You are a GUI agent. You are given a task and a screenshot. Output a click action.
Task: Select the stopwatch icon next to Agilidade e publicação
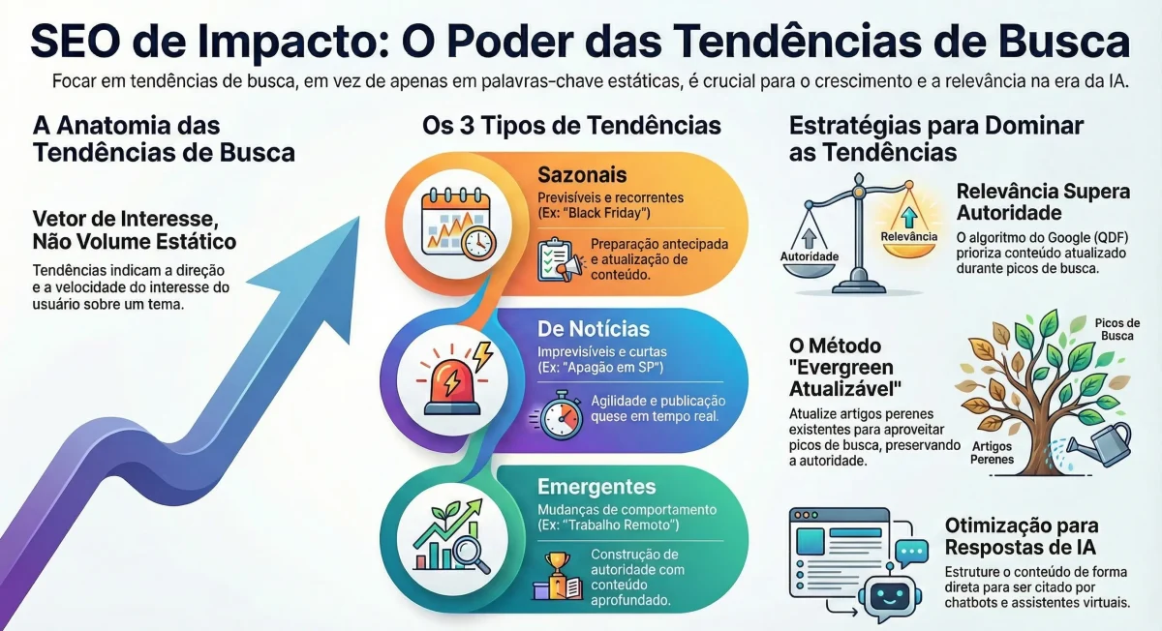pyautogui.click(x=559, y=415)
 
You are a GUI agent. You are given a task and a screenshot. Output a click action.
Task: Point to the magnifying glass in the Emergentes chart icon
pyautogui.click(x=471, y=555)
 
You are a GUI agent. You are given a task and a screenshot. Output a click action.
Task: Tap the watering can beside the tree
pyautogui.click(x=1100, y=445)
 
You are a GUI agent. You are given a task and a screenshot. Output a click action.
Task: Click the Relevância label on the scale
pyautogui.click(x=909, y=236)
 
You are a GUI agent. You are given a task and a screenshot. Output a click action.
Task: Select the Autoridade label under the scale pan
pyautogui.click(x=810, y=256)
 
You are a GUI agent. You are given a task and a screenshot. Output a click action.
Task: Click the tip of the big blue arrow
pyautogui.click(x=359, y=217)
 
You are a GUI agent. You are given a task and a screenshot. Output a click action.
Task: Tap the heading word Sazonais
pyautogui.click(x=582, y=175)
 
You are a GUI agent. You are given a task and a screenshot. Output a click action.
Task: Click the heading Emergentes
pyautogui.click(x=596, y=487)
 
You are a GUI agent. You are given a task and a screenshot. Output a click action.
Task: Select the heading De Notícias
pyautogui.click(x=594, y=329)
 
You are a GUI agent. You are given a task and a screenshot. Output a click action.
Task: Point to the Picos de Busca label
pyautogui.click(x=1117, y=329)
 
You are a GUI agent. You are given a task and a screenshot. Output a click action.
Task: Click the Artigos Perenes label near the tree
pyautogui.click(x=992, y=453)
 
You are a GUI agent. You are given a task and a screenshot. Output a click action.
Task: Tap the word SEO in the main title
pyautogui.click(x=76, y=41)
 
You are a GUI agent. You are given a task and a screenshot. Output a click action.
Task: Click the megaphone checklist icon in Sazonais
pyautogui.click(x=560, y=259)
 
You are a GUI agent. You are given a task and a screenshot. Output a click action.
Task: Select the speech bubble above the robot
pyautogui.click(x=911, y=554)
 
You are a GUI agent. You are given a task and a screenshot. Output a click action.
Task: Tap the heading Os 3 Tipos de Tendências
pyautogui.click(x=571, y=126)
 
